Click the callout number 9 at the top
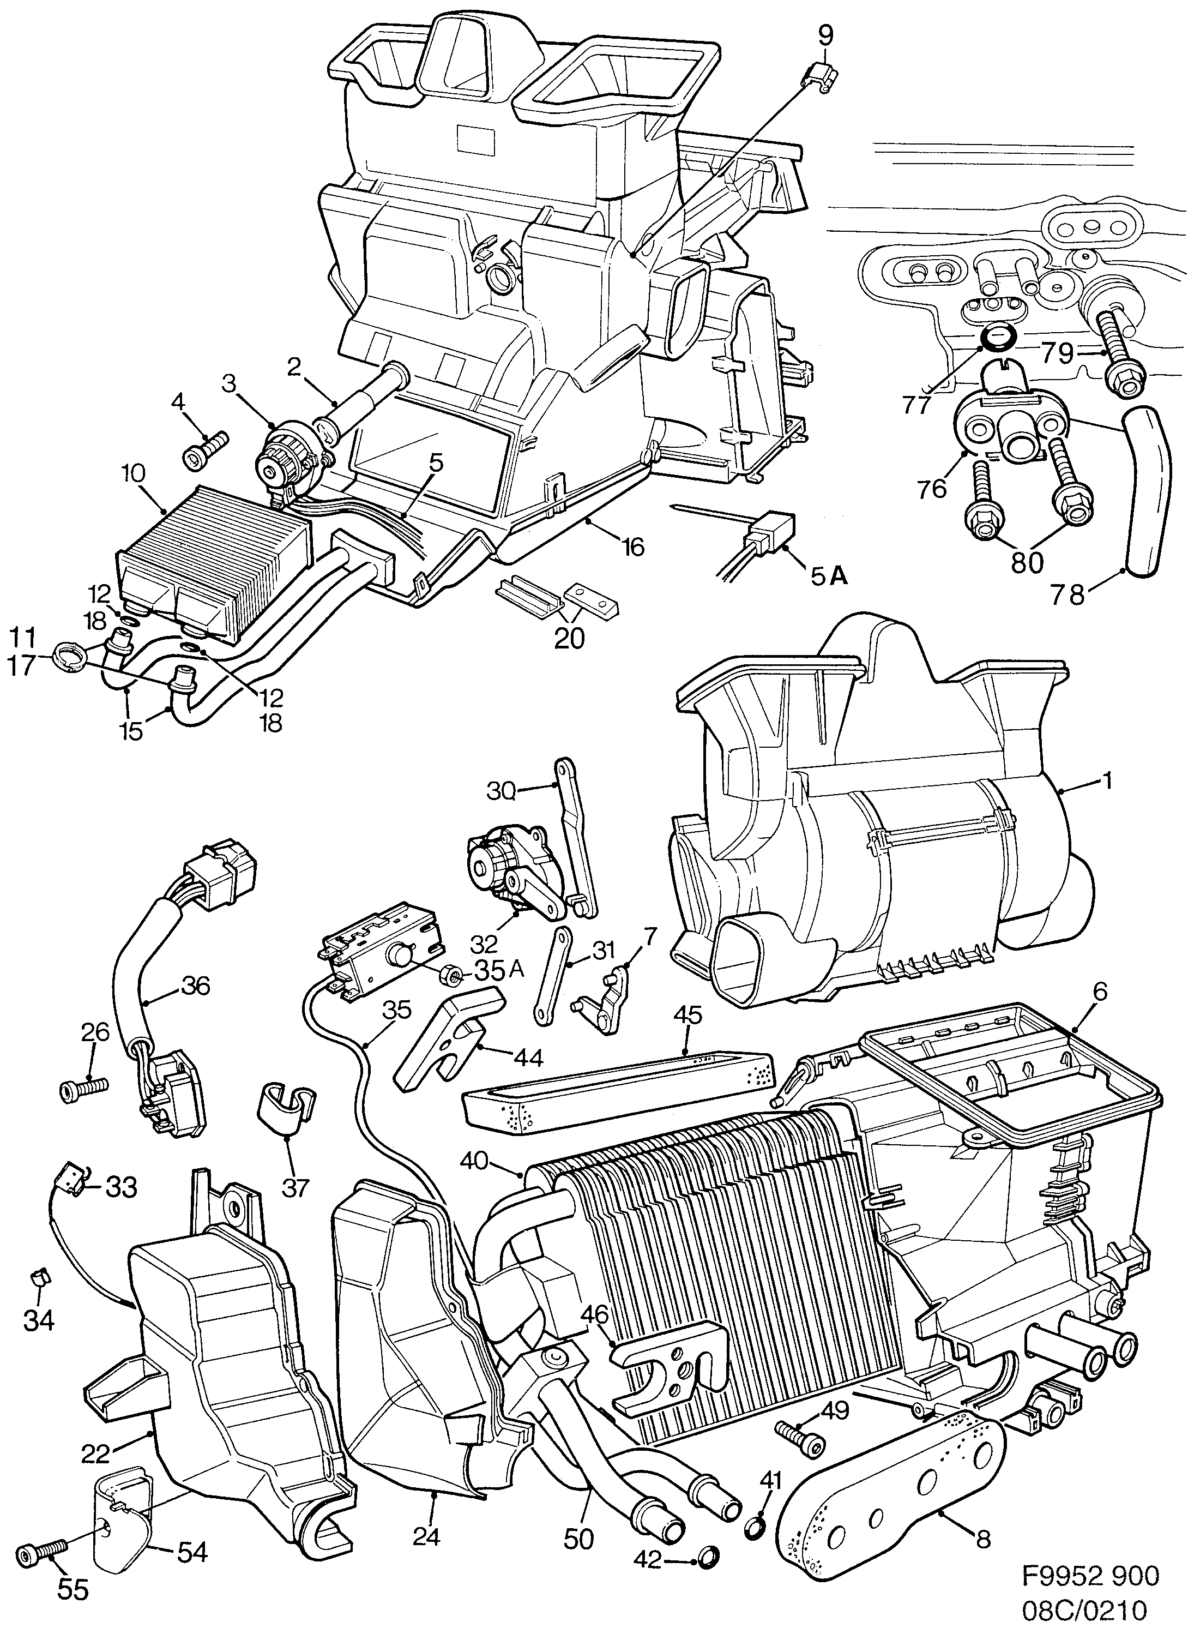pyautogui.click(x=825, y=34)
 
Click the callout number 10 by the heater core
pyautogui.click(x=134, y=474)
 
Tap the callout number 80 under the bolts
pyautogui.click(x=1027, y=562)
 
